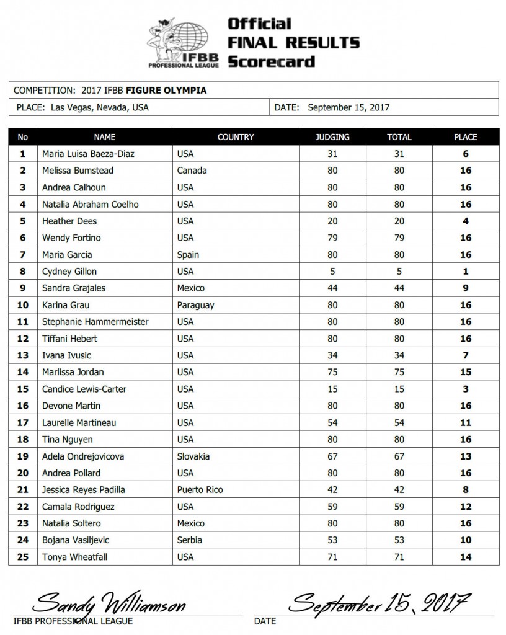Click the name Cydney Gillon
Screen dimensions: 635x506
pyautogui.click(x=69, y=271)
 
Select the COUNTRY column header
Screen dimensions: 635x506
pyautogui.click(x=236, y=137)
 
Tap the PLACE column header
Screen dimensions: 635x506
pyautogui.click(x=465, y=137)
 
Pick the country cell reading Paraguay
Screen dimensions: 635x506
pyautogui.click(x=196, y=305)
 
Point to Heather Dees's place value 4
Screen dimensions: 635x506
pyautogui.click(x=466, y=221)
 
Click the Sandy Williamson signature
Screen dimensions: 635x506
pyautogui.click(x=109, y=602)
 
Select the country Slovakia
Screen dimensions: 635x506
pyautogui.click(x=193, y=456)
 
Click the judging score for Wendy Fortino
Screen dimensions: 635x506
pyautogui.click(x=333, y=238)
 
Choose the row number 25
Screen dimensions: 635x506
pyautogui.click(x=23, y=557)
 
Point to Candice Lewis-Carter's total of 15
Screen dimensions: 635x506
pyautogui.click(x=399, y=389)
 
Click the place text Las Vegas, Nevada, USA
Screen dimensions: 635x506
pyautogui.click(x=97, y=107)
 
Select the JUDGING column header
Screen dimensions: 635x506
pyautogui.click(x=333, y=137)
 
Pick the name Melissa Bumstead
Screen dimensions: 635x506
pyautogui.click(x=78, y=171)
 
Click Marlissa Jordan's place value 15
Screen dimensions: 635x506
pyautogui.click(x=466, y=372)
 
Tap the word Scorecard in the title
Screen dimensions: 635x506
pyautogui.click(x=271, y=61)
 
